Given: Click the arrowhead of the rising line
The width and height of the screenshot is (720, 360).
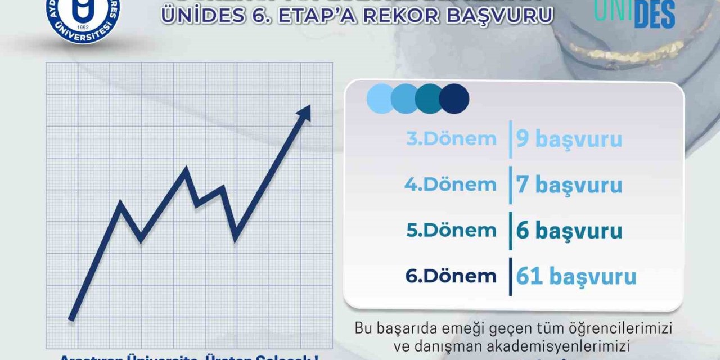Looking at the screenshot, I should tap(305, 111).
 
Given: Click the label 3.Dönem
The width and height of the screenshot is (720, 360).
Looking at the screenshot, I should tap(451, 139).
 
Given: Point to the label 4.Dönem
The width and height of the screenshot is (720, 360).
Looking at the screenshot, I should tap(451, 184).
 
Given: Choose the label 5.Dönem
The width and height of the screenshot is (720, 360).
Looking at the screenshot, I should tap(451, 230).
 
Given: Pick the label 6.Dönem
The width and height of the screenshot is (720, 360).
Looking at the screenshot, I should tap(451, 276).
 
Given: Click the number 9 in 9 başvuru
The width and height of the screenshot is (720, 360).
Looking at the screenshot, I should tap(523, 139).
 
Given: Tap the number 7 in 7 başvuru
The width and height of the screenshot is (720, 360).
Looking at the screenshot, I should tap(523, 184).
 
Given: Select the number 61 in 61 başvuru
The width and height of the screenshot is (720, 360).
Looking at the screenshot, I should tap(529, 276).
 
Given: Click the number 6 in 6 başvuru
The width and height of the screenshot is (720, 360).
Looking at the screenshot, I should tap(523, 231).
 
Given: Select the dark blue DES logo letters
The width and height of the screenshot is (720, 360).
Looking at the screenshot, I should tap(654, 16).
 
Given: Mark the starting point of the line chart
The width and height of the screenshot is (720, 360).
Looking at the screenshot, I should tap(71, 319).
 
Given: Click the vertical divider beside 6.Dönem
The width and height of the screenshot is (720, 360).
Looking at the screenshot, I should tap(510, 276).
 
